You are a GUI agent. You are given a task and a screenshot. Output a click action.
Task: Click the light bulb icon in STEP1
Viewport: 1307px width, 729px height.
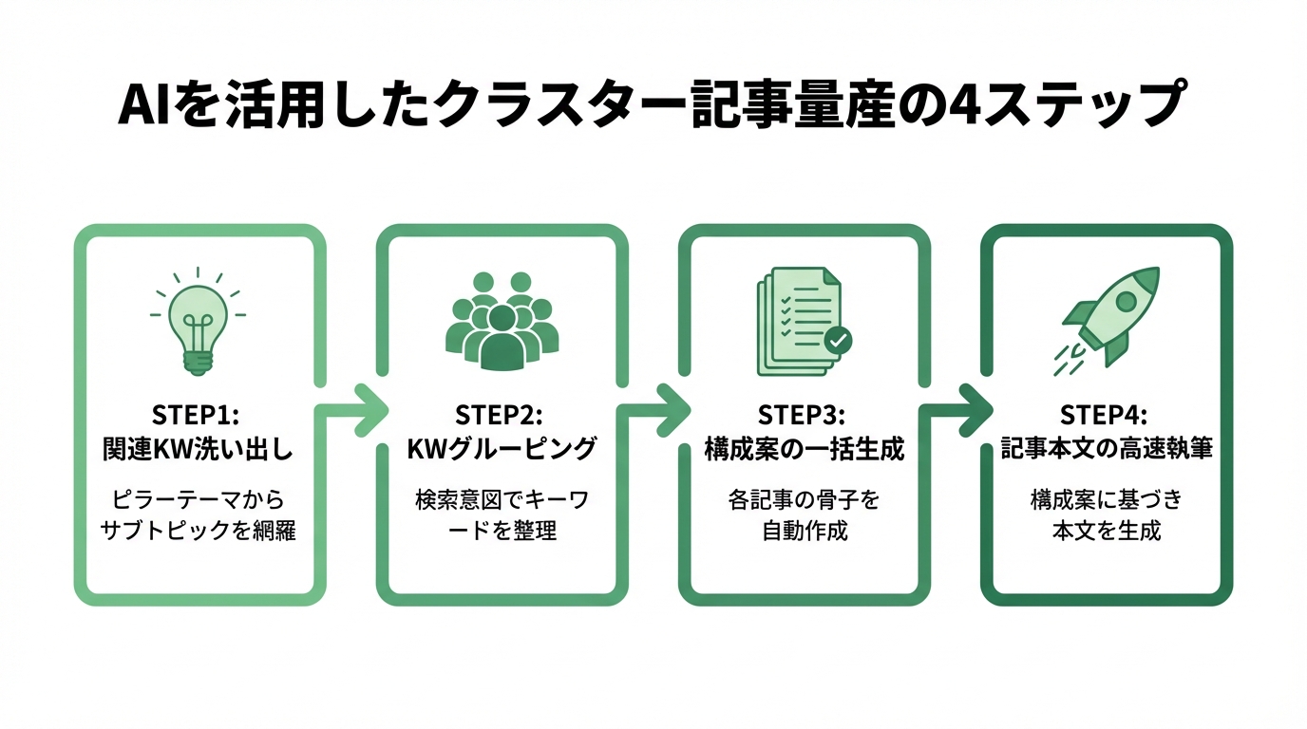[198, 323]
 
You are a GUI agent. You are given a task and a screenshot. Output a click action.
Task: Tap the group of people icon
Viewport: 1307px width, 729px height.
[502, 323]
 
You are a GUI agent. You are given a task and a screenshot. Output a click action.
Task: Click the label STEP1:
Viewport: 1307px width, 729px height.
[198, 416]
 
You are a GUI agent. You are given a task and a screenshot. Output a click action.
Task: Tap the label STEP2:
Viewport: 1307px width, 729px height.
[501, 416]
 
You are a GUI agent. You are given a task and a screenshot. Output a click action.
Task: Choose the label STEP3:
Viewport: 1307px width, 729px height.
[804, 416]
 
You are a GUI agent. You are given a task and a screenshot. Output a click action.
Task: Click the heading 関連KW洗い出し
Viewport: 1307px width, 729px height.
[198, 449]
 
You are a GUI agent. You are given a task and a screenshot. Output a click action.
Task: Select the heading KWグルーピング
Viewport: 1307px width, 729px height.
[501, 449]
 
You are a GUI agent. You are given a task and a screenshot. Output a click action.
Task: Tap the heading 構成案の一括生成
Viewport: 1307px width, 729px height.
[804, 449]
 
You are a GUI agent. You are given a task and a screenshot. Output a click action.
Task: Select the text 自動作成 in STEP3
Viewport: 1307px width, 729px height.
[804, 530]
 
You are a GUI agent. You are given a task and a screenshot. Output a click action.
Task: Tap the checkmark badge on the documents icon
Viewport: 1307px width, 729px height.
[837, 339]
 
